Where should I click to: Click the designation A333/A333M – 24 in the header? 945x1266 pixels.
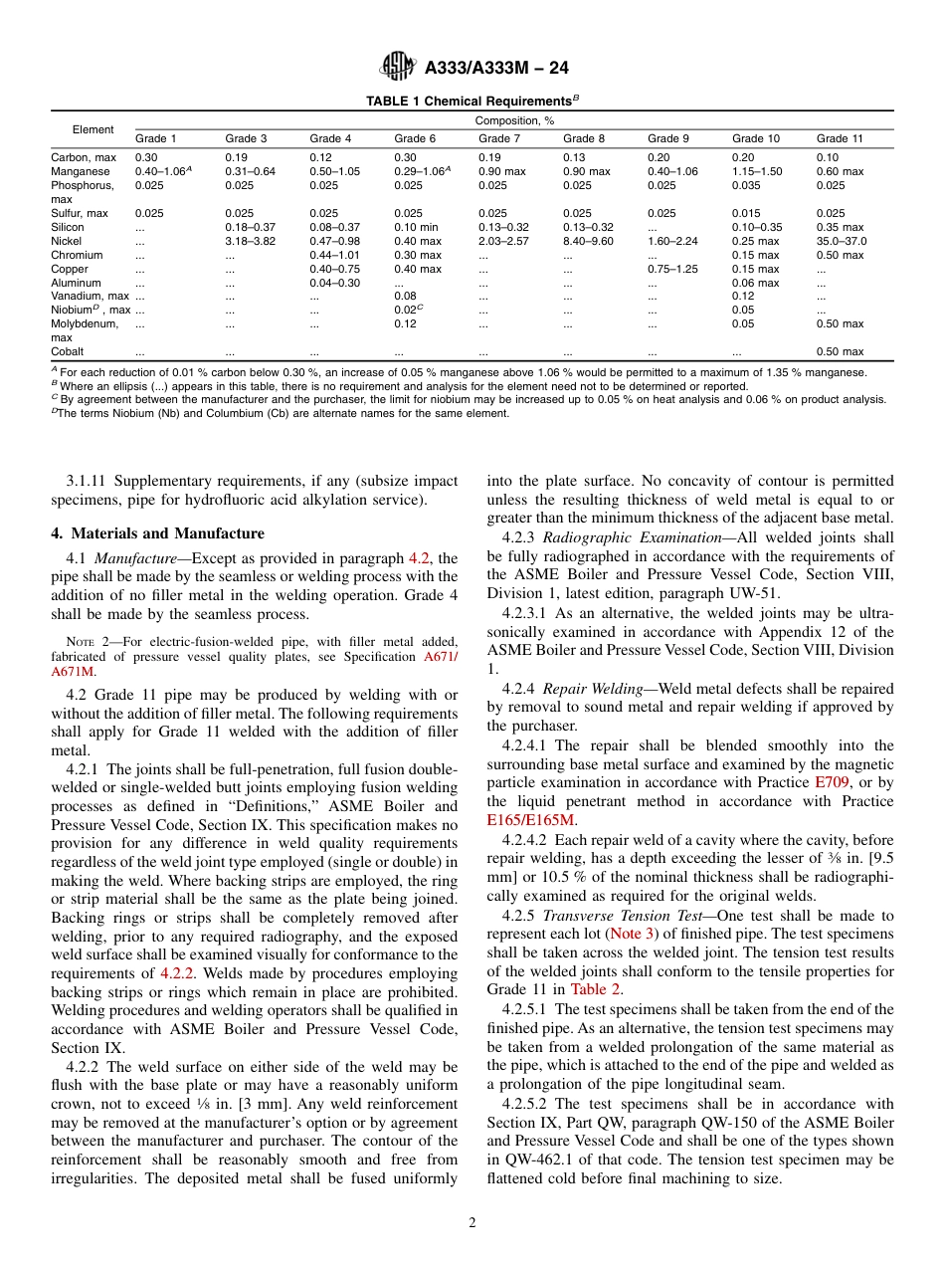click(496, 68)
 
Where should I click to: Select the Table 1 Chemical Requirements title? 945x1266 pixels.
click(472, 101)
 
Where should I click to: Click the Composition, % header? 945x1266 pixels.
click(513, 120)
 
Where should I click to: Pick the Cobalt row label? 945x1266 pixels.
click(68, 351)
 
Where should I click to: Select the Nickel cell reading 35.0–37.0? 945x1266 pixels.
click(842, 241)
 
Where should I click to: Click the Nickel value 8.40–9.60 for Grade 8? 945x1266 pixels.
click(588, 241)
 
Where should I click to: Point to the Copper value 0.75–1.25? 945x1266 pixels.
click(672, 269)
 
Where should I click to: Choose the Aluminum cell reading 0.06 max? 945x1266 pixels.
click(756, 283)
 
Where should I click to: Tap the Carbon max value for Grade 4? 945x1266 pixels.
click(323, 157)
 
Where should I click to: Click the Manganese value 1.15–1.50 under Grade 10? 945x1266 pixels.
click(757, 171)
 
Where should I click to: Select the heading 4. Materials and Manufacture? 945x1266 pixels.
click(157, 533)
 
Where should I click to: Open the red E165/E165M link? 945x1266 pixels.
click(531, 820)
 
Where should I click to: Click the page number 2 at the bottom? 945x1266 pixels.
click(472, 1223)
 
